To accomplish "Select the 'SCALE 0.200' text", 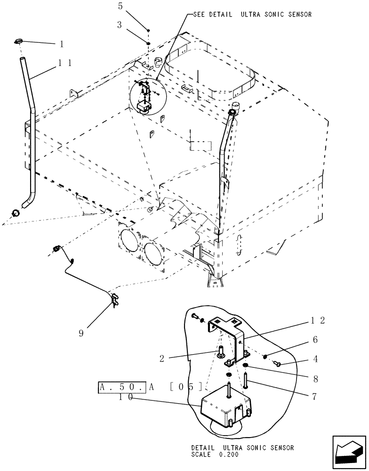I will (215, 455).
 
